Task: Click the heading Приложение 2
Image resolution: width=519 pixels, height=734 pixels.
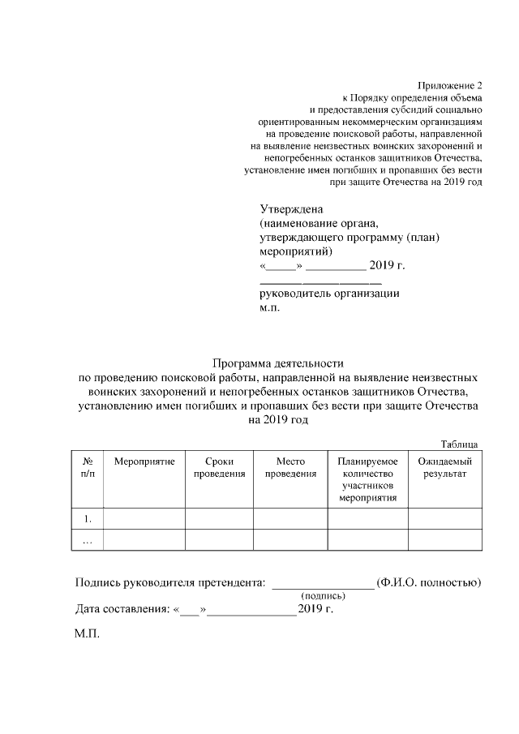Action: (450, 85)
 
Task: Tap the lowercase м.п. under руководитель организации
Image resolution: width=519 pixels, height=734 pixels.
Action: (269, 309)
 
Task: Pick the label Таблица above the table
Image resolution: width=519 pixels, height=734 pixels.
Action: (459, 444)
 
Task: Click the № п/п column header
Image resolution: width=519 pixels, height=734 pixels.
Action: (88, 466)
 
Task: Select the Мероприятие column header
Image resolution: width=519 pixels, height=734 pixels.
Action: (144, 461)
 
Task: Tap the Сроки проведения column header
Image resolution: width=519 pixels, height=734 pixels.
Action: (219, 466)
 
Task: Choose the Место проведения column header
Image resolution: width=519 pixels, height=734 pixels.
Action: (290, 466)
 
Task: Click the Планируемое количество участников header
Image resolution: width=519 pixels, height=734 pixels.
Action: (367, 479)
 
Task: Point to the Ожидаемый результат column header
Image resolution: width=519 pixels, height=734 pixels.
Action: (444, 466)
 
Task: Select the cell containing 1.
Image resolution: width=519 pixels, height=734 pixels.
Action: (88, 517)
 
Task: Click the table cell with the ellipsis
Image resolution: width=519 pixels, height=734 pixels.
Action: (88, 539)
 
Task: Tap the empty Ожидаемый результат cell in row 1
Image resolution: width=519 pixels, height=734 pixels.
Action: (444, 517)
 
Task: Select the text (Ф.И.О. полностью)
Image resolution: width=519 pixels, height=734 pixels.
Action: (430, 582)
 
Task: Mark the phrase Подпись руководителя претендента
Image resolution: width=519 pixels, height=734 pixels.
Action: (169, 582)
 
